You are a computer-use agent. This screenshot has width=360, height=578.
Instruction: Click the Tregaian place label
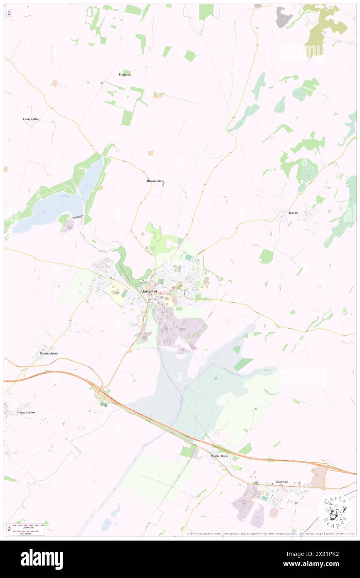point(125,74)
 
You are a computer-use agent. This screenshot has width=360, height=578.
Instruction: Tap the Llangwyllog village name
point(31,119)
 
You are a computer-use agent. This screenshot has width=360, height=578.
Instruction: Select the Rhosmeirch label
point(155,181)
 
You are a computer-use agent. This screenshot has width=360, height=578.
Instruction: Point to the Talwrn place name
point(293,212)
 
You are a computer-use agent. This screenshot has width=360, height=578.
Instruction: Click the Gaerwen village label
point(282,482)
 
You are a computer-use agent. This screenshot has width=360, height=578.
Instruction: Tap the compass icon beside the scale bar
point(9,529)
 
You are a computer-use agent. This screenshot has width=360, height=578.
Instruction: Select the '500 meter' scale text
point(28,532)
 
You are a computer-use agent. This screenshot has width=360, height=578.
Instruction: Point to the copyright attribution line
point(270,534)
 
